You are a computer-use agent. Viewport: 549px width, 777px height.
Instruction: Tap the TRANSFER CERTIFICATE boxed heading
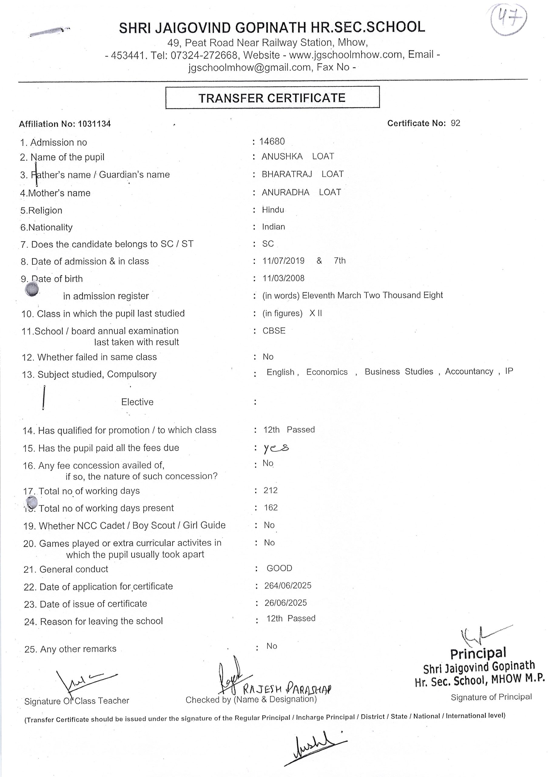[272, 98]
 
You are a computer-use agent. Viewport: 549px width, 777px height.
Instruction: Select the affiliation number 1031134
[94, 124]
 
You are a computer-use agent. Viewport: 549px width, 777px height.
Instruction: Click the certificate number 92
[455, 123]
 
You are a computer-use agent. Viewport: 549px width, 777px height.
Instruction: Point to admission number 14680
[272, 141]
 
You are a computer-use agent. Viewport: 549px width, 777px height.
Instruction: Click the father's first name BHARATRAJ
[287, 174]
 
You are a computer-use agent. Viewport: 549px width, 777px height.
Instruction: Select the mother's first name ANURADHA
[285, 192]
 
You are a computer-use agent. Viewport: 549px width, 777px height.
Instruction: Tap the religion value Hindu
[273, 210]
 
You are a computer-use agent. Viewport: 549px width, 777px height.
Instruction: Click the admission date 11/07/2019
[284, 261]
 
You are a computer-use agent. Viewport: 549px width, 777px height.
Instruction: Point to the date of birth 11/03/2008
[284, 278]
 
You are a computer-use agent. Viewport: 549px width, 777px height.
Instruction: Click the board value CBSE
[274, 331]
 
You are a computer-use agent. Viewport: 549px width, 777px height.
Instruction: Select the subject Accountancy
[469, 371]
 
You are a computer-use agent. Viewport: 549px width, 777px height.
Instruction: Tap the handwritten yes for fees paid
[276, 448]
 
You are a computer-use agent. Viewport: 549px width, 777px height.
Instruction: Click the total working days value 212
[270, 490]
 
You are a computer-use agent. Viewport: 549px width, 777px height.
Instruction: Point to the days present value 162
[271, 507]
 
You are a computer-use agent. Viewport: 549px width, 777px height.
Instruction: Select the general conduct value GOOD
[279, 568]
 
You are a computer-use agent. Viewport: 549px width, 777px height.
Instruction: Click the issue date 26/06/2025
[285, 603]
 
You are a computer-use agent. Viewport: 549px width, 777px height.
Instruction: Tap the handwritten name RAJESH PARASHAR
[287, 688]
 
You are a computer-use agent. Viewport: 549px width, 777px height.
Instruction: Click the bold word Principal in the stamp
[478, 653]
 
